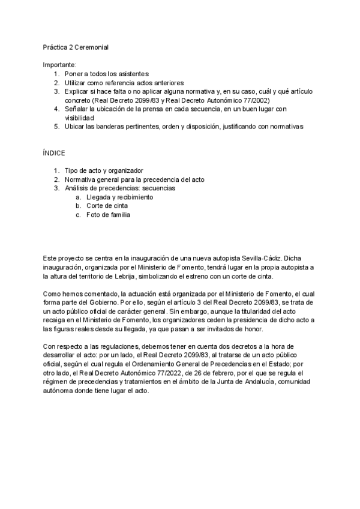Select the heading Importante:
tap(60, 65)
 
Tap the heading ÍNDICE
tap(53, 154)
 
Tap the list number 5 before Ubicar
tap(56, 127)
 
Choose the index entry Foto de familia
tap(108, 215)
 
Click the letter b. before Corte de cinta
tap(79, 206)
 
